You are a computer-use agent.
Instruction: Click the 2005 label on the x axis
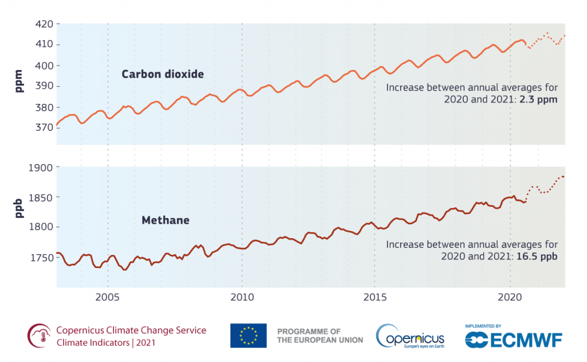click(x=107, y=298)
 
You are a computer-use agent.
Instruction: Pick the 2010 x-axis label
click(x=241, y=298)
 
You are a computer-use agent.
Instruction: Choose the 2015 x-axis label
click(x=375, y=298)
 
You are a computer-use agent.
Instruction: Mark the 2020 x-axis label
click(x=510, y=298)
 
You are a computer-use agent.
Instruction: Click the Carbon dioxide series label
click(x=162, y=74)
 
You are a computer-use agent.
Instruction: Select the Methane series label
click(x=165, y=220)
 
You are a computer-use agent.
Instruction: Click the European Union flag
click(x=248, y=336)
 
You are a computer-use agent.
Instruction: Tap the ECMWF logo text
click(x=525, y=339)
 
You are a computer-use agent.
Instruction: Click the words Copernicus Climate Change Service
click(x=131, y=330)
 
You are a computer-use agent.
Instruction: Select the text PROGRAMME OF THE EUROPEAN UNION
click(x=320, y=336)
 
